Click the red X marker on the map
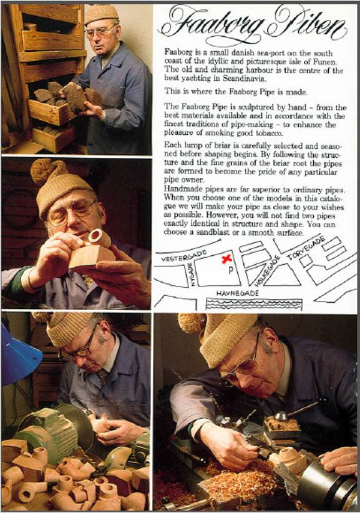click(x=226, y=260)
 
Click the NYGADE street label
click(x=193, y=276)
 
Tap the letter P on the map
click(x=230, y=271)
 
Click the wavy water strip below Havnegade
click(x=254, y=305)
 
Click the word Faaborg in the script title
click(x=212, y=25)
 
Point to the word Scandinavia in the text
click(x=243, y=79)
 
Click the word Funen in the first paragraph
click(x=326, y=62)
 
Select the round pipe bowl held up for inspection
click(x=99, y=237)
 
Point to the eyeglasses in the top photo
click(x=99, y=31)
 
